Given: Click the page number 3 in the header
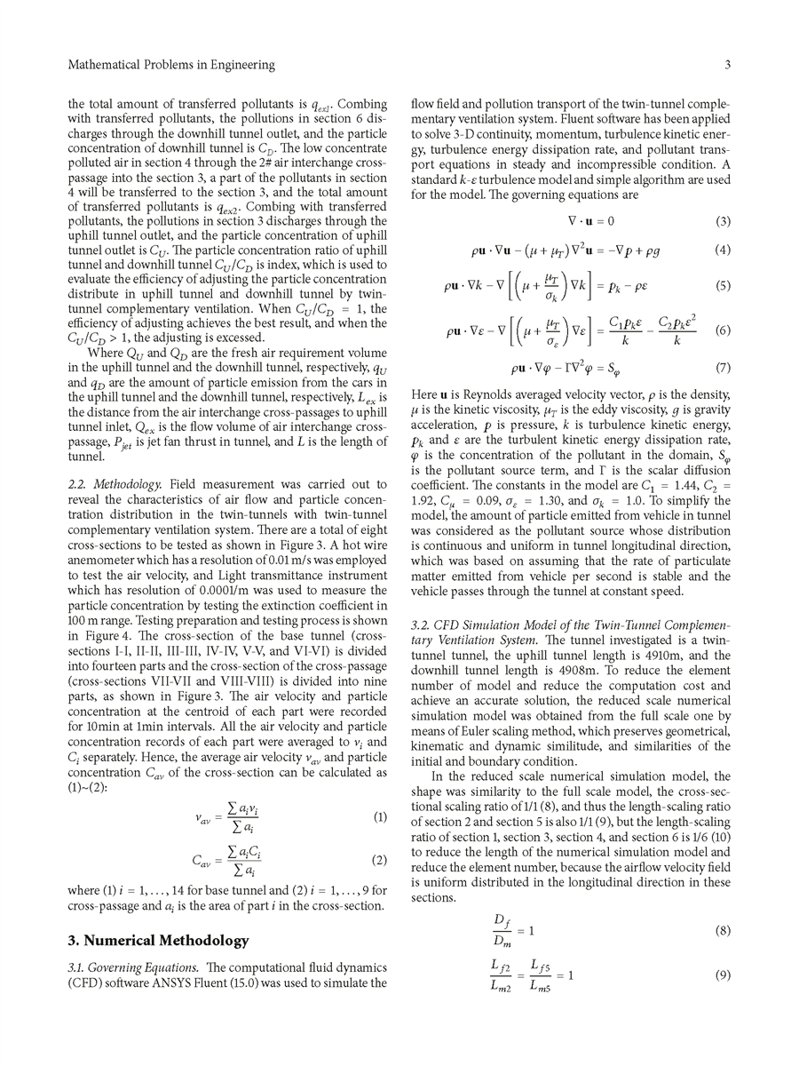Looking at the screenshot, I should (727, 65).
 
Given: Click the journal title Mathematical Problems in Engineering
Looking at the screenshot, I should (171, 65).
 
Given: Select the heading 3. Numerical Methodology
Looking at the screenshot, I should (159, 941).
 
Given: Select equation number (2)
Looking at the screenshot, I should (379, 860).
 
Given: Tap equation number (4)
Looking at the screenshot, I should (723, 251).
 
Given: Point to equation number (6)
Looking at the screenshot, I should (723, 330).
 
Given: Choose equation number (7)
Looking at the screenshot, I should (723, 367).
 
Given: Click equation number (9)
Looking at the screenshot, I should (723, 975).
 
